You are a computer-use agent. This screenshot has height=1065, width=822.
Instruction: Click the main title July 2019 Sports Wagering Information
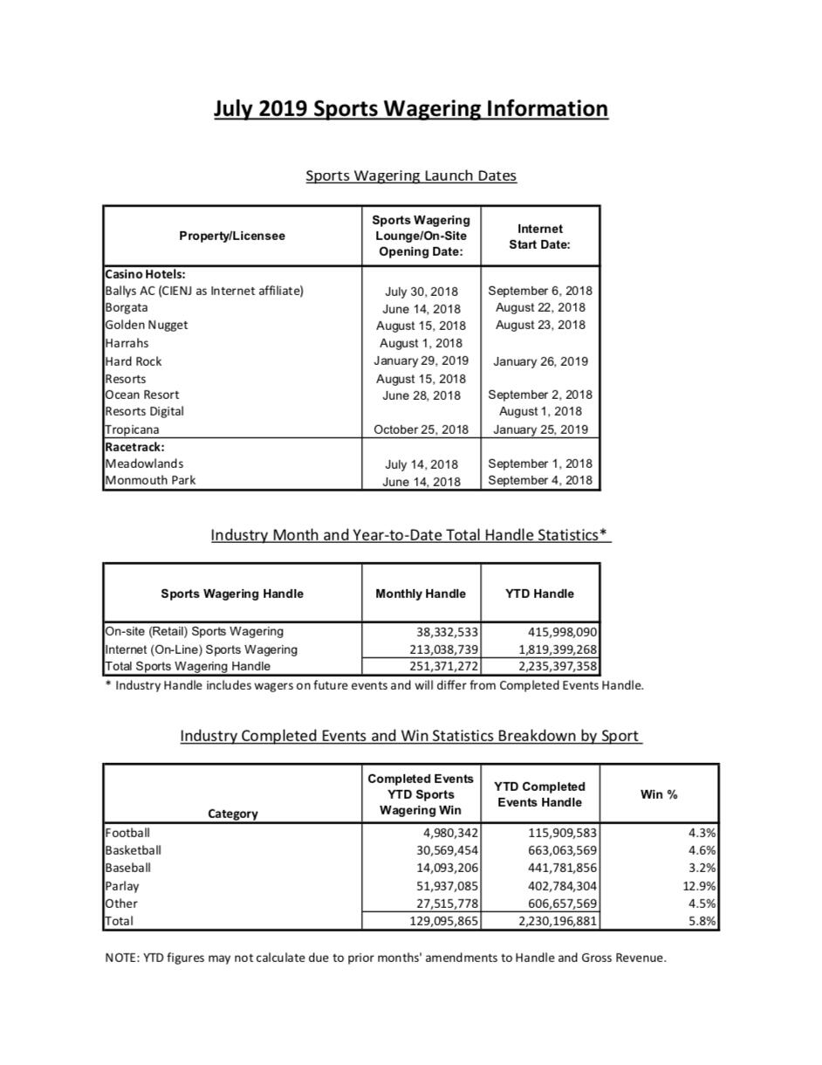(x=411, y=109)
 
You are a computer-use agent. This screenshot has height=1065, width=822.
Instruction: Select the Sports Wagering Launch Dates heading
(x=411, y=175)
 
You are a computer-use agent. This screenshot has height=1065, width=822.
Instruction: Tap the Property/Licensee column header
(x=232, y=236)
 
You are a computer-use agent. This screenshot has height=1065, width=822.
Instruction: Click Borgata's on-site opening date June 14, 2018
(x=421, y=308)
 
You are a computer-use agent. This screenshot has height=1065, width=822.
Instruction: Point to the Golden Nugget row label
(x=147, y=325)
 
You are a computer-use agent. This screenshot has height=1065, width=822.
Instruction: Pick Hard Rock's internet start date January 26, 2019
(x=540, y=361)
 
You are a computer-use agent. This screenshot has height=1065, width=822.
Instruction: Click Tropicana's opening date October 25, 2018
(x=421, y=429)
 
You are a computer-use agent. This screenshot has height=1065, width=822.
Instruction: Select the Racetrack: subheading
(x=134, y=447)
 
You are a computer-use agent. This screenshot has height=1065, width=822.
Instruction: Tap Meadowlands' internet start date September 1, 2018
(x=540, y=464)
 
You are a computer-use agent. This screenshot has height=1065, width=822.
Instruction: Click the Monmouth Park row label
(x=150, y=480)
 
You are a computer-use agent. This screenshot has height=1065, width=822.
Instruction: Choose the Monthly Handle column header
(x=421, y=594)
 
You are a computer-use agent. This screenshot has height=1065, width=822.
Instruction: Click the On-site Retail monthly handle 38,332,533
(x=444, y=631)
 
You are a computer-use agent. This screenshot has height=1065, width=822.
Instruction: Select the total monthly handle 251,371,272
(x=444, y=666)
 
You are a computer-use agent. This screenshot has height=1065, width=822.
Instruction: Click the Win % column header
(x=659, y=794)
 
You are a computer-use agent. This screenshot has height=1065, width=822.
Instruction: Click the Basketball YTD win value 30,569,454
(x=444, y=850)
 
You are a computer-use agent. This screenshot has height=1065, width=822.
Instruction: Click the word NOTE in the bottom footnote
(x=120, y=958)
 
